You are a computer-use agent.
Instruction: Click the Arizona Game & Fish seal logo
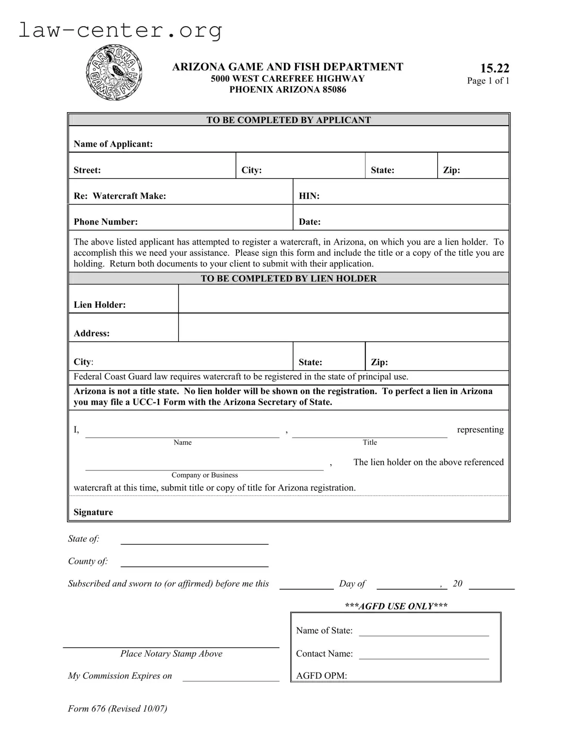coord(114,73)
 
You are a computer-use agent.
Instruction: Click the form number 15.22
coord(495,68)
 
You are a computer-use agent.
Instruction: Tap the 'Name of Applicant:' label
coord(113,144)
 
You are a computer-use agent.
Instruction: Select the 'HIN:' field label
coord(309,196)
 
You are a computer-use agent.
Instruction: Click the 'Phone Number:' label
coord(106,222)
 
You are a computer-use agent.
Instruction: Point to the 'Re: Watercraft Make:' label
coord(120,196)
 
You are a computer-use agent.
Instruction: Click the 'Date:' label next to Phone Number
coord(310,222)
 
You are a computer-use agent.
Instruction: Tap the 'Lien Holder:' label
coord(99,305)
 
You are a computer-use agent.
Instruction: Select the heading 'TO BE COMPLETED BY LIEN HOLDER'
coord(289,279)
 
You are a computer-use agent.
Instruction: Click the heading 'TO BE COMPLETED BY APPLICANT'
coord(289,120)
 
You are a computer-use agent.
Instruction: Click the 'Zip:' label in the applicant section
coord(451,170)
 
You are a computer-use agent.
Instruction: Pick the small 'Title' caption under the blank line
coord(370,442)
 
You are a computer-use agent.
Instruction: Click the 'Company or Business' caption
coord(204,475)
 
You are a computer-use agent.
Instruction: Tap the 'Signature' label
coord(93,512)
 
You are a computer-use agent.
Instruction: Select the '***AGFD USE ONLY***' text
coord(396,606)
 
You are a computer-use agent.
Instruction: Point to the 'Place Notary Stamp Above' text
coord(171,654)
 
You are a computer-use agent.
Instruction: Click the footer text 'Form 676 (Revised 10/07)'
coord(117,709)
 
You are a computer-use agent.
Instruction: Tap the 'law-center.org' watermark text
coord(120,30)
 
